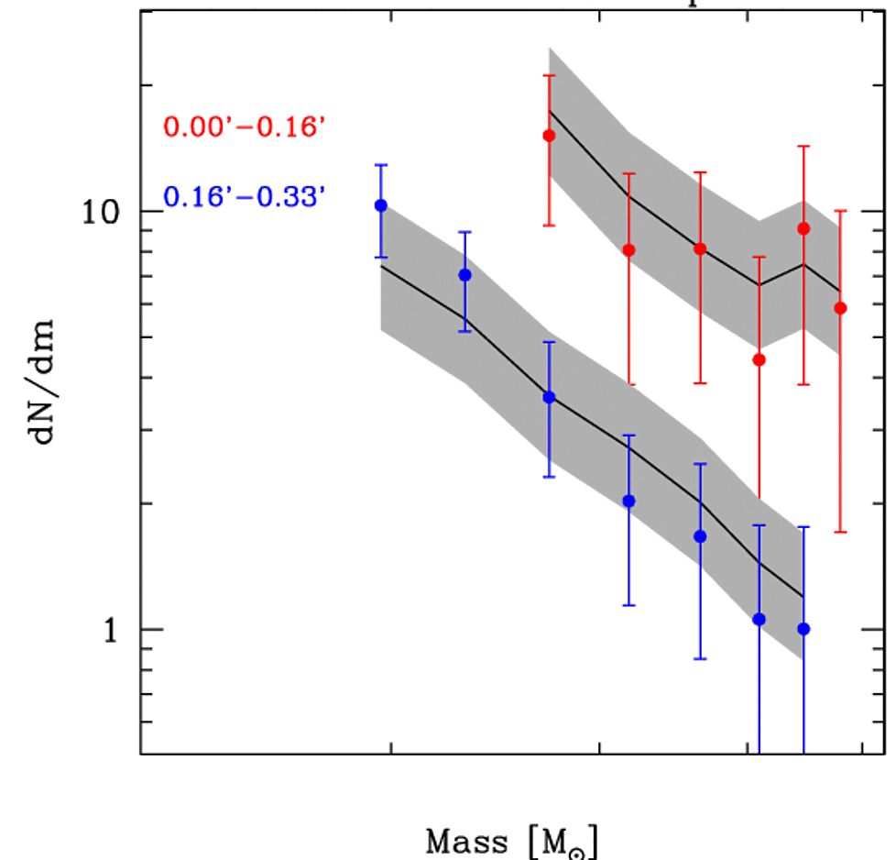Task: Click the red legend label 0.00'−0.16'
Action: [x=245, y=126]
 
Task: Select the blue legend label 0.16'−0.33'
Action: [x=245, y=195]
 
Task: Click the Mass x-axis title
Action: [x=513, y=840]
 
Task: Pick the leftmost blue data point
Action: [x=381, y=205]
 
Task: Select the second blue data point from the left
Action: [x=464, y=275]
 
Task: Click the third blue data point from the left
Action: [x=549, y=397]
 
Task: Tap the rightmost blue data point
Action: [x=803, y=629]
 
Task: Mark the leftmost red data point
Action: [x=549, y=136]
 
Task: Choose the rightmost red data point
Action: [x=840, y=308]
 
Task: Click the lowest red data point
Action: [x=759, y=359]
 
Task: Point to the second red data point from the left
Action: [x=628, y=250]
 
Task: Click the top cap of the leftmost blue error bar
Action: [x=381, y=165]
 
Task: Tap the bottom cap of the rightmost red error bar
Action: [x=840, y=532]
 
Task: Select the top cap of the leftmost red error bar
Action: [x=549, y=75]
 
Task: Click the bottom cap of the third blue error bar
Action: [x=549, y=477]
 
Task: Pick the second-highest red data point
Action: [x=803, y=228]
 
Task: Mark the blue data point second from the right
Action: [x=759, y=620]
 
